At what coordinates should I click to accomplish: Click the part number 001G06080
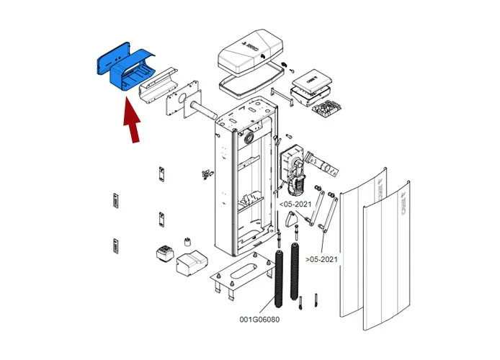[261, 319]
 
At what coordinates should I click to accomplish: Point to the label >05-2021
[321, 258]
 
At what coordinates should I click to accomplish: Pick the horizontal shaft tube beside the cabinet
[205, 112]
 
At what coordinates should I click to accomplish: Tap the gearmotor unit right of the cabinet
[293, 167]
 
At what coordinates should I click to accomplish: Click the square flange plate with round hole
[180, 105]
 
